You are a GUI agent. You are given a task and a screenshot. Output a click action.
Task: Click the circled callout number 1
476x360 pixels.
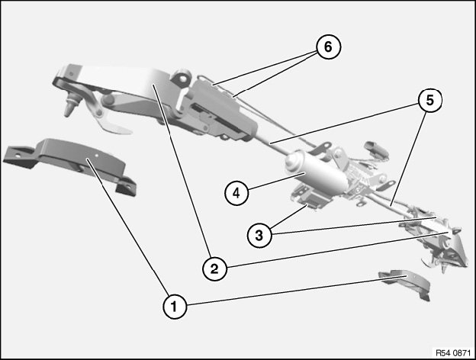175,307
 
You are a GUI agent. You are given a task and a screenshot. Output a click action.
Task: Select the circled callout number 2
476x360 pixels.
214,268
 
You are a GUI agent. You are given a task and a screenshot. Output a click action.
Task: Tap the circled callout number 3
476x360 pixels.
259,235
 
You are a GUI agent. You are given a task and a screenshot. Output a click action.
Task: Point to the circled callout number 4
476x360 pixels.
236,193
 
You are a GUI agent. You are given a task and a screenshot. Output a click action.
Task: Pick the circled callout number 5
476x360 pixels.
430,100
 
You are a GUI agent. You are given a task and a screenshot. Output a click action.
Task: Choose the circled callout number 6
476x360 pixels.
328,47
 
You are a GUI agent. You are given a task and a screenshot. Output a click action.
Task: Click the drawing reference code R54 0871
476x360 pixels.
453,353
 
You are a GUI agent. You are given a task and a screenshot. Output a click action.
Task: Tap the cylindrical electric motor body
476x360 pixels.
316,172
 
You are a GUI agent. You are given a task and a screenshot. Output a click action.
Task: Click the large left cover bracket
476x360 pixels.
70,164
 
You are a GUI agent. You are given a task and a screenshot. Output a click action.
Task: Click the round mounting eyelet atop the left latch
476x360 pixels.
183,77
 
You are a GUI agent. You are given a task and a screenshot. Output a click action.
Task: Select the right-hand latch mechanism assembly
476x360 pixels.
437,239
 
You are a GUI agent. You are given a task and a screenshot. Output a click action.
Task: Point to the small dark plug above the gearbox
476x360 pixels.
377,149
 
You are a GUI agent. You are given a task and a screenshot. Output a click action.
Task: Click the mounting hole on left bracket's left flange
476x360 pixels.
18,155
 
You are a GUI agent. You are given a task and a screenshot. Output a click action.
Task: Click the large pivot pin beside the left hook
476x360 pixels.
108,99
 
